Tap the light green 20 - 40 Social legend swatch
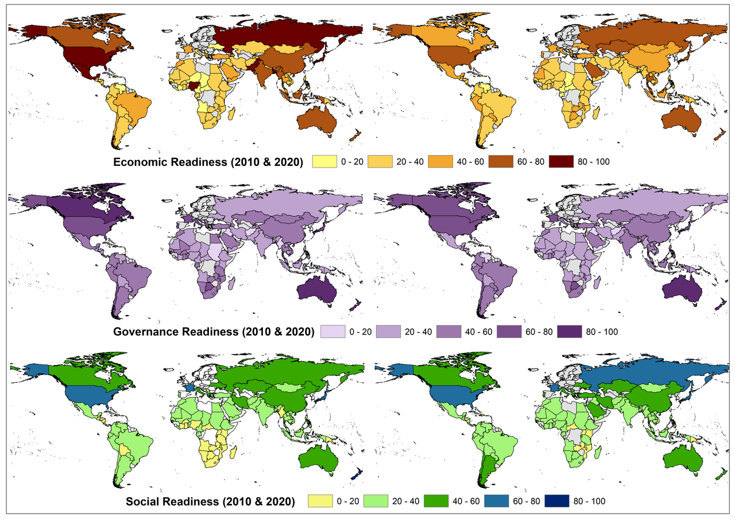[381, 501]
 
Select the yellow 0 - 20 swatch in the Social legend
[322, 501]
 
